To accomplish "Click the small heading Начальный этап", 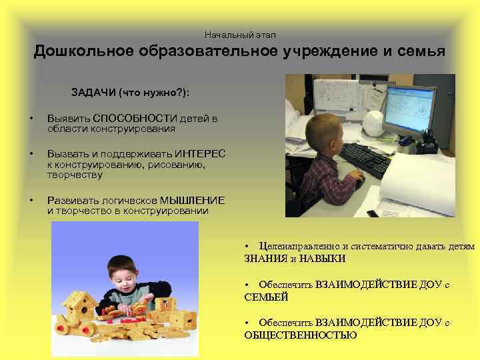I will click(x=240, y=34).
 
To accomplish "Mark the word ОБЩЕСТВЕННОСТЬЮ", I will click(x=301, y=335).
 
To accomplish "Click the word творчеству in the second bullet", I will click(x=75, y=175).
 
